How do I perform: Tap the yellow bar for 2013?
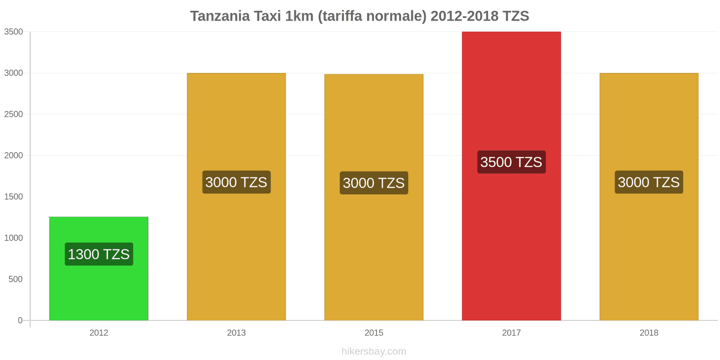tap(236, 126)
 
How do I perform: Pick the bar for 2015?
tap(373, 126)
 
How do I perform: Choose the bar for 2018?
tap(648, 126)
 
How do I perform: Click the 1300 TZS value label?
tap(99, 254)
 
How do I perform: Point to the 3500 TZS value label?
tap(511, 162)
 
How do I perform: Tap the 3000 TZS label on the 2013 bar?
tap(236, 182)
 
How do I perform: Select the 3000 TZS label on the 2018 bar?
tap(648, 182)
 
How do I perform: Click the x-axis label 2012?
tap(99, 333)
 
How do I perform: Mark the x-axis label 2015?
tap(373, 333)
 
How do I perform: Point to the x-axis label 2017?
tap(511, 333)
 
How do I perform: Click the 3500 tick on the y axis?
tap(13, 32)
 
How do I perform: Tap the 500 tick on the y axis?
tap(15, 279)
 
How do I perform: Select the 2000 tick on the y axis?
tap(13, 156)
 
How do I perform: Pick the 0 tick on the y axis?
tap(20, 320)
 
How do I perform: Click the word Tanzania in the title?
tap(220, 16)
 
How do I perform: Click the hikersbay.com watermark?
tap(373, 351)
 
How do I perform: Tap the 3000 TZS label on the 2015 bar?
tap(373, 183)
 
